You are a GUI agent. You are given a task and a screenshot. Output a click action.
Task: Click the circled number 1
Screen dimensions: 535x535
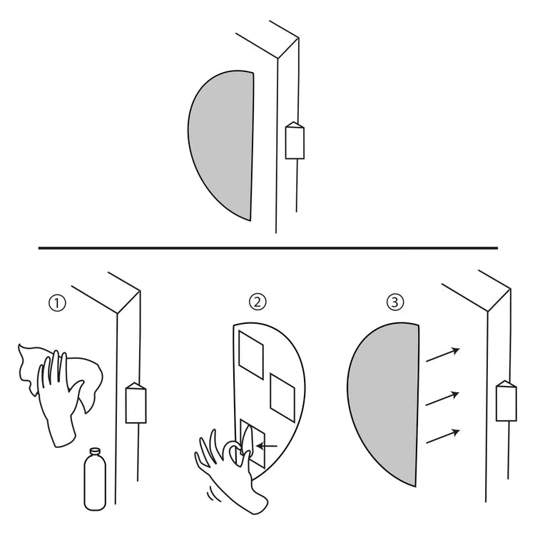[x=57, y=303]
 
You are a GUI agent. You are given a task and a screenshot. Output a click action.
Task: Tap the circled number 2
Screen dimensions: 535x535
[x=258, y=302]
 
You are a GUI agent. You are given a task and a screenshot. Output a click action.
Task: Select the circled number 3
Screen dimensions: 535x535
[x=395, y=302]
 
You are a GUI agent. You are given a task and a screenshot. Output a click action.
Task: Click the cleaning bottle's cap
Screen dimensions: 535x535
[x=94, y=452]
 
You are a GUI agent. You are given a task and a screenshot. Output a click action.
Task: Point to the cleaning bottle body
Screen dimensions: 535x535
[x=95, y=482]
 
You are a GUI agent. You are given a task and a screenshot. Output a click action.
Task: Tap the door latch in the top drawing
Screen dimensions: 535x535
[x=295, y=141]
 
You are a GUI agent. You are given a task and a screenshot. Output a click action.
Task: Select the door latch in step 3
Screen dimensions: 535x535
[x=506, y=401]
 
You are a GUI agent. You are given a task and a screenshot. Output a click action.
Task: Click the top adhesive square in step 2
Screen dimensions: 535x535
[x=251, y=355]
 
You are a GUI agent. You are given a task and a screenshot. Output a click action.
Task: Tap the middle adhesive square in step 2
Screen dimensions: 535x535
[x=282, y=397]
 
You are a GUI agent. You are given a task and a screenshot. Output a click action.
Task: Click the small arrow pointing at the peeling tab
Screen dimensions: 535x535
[x=267, y=446]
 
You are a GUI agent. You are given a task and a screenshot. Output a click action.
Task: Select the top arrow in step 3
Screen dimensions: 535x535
[x=443, y=355]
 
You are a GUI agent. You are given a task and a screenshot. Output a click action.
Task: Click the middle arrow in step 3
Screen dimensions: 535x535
[x=442, y=399]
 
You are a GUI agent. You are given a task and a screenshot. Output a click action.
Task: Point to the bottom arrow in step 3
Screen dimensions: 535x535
[x=443, y=437]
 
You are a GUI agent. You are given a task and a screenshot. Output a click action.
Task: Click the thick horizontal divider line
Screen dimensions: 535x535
[x=267, y=248]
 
